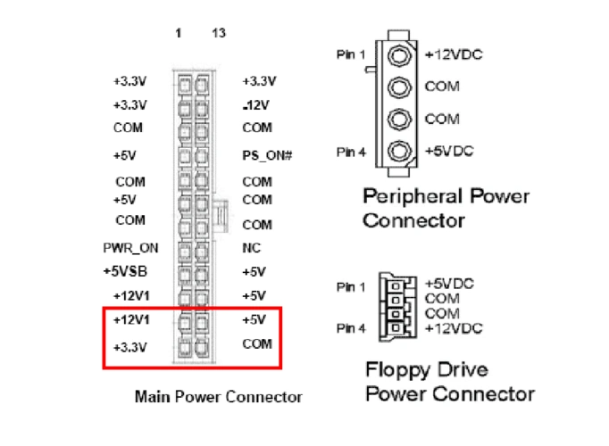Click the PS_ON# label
(267, 156)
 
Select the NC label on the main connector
(250, 248)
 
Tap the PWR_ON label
(123, 248)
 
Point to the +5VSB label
(123, 271)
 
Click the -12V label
(255, 105)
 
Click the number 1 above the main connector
(179, 33)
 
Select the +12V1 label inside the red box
(131, 319)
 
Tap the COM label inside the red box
(256, 343)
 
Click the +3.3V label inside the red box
(129, 345)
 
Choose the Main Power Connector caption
(218, 396)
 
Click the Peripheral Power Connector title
(446, 208)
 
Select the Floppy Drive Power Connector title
(450, 381)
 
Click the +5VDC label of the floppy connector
(454, 283)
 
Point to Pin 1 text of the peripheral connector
(349, 55)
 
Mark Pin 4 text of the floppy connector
(350, 328)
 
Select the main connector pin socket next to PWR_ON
(184, 248)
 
